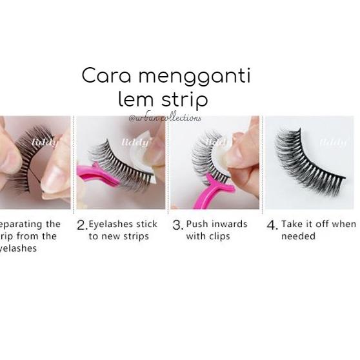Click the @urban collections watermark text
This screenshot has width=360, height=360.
165,118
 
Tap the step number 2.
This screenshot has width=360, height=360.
81,225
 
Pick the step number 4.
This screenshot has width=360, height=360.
272,225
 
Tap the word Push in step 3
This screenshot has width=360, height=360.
197,225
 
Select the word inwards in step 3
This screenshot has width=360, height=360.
229,225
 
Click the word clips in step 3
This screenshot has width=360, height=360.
221,236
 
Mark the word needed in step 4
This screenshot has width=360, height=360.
298,236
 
